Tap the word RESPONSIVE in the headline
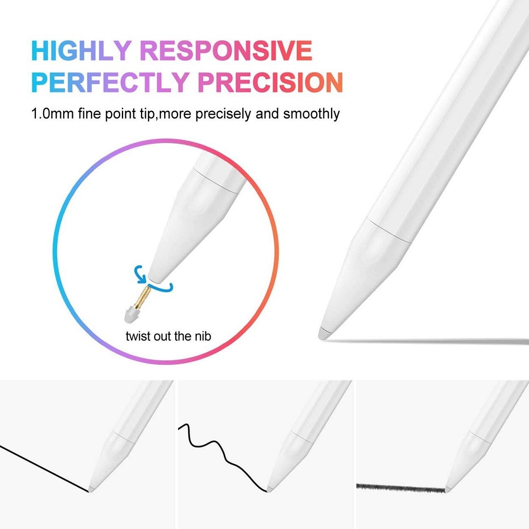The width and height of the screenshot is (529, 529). (226, 51)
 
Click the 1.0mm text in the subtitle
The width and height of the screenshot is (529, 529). (53, 114)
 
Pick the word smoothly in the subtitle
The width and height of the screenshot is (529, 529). (311, 114)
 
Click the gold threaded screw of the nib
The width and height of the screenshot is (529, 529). (141, 296)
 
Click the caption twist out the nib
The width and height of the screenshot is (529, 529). (168, 336)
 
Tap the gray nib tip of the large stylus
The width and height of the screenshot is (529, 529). (324, 333)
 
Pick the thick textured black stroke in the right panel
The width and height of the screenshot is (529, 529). (400, 488)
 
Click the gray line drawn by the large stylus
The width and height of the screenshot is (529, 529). (427, 341)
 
